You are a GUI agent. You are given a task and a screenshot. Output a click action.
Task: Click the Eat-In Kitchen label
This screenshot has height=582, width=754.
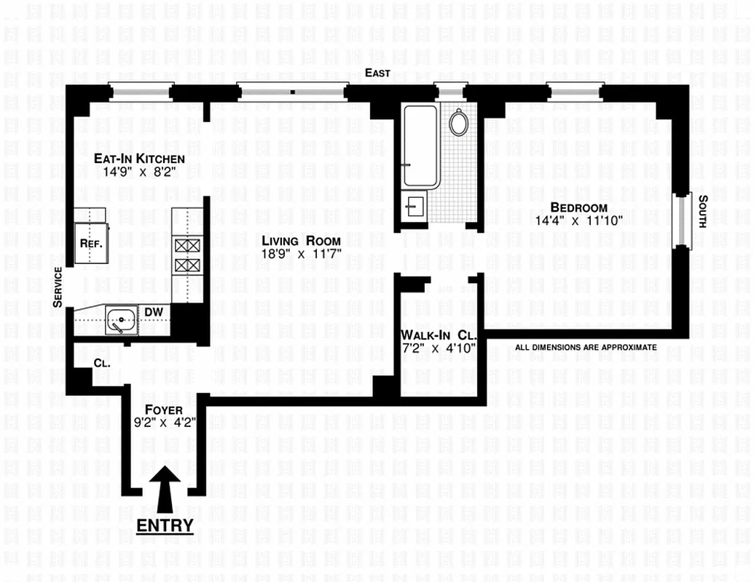tap(139, 159)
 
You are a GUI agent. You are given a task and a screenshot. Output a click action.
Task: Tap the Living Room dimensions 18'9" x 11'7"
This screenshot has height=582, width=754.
tap(301, 255)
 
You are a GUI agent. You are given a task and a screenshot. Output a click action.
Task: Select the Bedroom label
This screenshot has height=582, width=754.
tap(578, 207)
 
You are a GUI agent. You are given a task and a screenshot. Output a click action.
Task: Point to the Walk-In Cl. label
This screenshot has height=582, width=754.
tap(438, 335)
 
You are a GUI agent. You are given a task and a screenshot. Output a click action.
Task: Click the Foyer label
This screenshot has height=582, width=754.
tap(163, 410)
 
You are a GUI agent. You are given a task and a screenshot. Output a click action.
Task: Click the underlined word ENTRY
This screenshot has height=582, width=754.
tap(165, 525)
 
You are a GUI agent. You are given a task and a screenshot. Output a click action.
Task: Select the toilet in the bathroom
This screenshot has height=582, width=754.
tap(458, 122)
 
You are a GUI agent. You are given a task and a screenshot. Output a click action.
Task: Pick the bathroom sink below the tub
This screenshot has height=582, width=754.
tap(415, 206)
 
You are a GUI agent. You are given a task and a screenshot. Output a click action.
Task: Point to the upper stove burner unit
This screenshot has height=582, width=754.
tap(186, 246)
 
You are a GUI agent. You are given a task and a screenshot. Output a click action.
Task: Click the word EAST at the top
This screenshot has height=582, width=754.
tap(378, 73)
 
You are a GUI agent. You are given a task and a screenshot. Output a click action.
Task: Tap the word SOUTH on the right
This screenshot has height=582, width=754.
tap(702, 212)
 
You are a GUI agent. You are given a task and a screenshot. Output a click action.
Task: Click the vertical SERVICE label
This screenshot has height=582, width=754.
tap(58, 287)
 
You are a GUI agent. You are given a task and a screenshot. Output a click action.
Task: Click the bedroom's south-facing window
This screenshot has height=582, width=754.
tap(683, 220)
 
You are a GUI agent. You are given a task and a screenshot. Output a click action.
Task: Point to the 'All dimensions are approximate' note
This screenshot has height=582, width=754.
tap(586, 348)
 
